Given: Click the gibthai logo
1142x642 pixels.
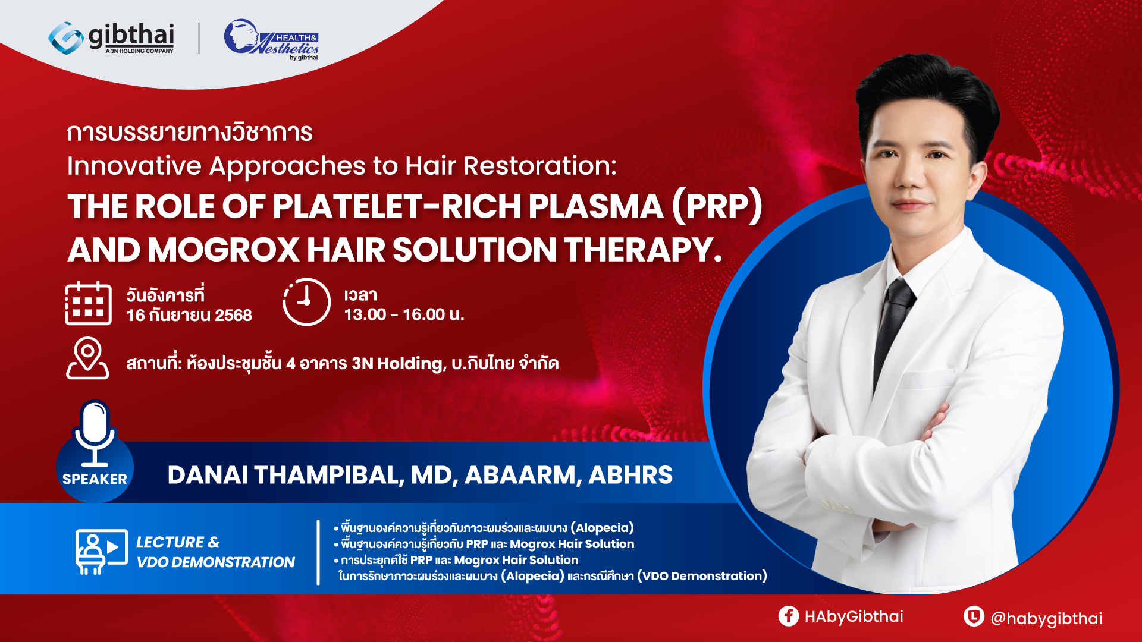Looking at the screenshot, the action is pyautogui.click(x=111, y=38).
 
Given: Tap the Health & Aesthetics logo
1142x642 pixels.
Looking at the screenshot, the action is pyautogui.click(x=271, y=39).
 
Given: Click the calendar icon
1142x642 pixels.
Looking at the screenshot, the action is pyautogui.click(x=88, y=303).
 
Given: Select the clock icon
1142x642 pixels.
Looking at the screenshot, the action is pyautogui.click(x=306, y=301).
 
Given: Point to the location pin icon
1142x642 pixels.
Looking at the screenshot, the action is pyautogui.click(x=87, y=358).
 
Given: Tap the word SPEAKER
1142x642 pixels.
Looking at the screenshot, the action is pyautogui.click(x=95, y=479).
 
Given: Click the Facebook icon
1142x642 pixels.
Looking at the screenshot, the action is pyautogui.click(x=789, y=616).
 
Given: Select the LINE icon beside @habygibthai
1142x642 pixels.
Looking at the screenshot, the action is pyautogui.click(x=974, y=616).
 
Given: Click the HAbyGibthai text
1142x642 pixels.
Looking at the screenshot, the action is pyautogui.click(x=854, y=617).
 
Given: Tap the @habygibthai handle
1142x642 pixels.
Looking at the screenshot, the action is pyautogui.click(x=1046, y=619).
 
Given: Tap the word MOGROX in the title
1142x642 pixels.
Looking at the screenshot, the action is pyautogui.click(x=223, y=250).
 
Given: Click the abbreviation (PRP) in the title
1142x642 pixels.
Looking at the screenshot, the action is pyautogui.click(x=717, y=207).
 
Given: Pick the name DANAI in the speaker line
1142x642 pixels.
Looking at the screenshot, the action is pyautogui.click(x=208, y=475).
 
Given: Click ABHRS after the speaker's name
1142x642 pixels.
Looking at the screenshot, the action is pyautogui.click(x=630, y=475).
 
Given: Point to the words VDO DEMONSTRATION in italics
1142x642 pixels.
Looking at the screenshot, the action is pyautogui.click(x=216, y=562).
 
